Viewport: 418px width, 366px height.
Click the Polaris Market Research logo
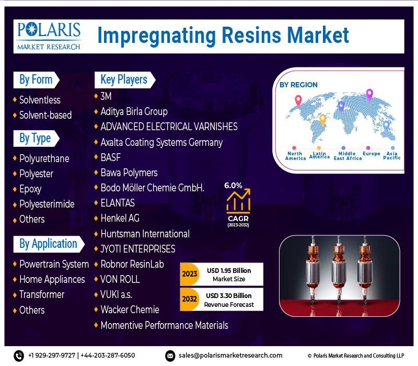tap(49, 36)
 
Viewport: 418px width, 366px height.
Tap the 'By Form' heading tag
tap(36, 80)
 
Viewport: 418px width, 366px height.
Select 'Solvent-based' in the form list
tap(45, 115)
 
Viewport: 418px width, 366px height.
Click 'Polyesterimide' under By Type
tap(47, 204)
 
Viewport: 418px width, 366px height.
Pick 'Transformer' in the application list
tap(42, 294)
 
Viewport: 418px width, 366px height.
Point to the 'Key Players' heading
tap(124, 80)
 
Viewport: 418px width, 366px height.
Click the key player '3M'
tap(106, 96)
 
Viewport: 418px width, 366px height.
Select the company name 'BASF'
tap(111, 157)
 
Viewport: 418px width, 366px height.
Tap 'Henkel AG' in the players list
tap(120, 218)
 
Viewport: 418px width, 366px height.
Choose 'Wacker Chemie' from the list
tap(130, 310)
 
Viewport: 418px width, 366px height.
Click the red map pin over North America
tap(298, 101)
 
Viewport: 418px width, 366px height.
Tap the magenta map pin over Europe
tap(369, 95)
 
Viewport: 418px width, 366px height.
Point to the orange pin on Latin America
tap(322, 120)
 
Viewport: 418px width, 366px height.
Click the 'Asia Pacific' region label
tap(392, 155)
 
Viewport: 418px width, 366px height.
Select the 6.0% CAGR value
tap(233, 186)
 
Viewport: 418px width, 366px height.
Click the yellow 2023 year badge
tap(190, 274)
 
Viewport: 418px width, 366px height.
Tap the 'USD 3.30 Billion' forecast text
tap(229, 295)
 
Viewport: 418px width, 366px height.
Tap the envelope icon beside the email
tap(170, 356)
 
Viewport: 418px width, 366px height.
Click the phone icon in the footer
tap(19, 356)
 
